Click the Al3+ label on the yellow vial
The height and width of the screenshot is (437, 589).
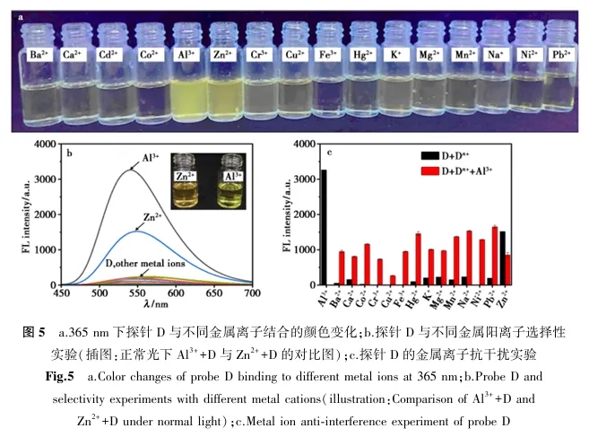[x=187, y=55]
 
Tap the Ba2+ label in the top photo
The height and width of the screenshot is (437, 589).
[x=39, y=55]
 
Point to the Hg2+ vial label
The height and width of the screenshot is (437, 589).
[x=363, y=55]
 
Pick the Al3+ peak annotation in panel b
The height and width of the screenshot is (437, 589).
[x=152, y=159]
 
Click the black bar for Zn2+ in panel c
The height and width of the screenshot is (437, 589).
[x=502, y=258]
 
